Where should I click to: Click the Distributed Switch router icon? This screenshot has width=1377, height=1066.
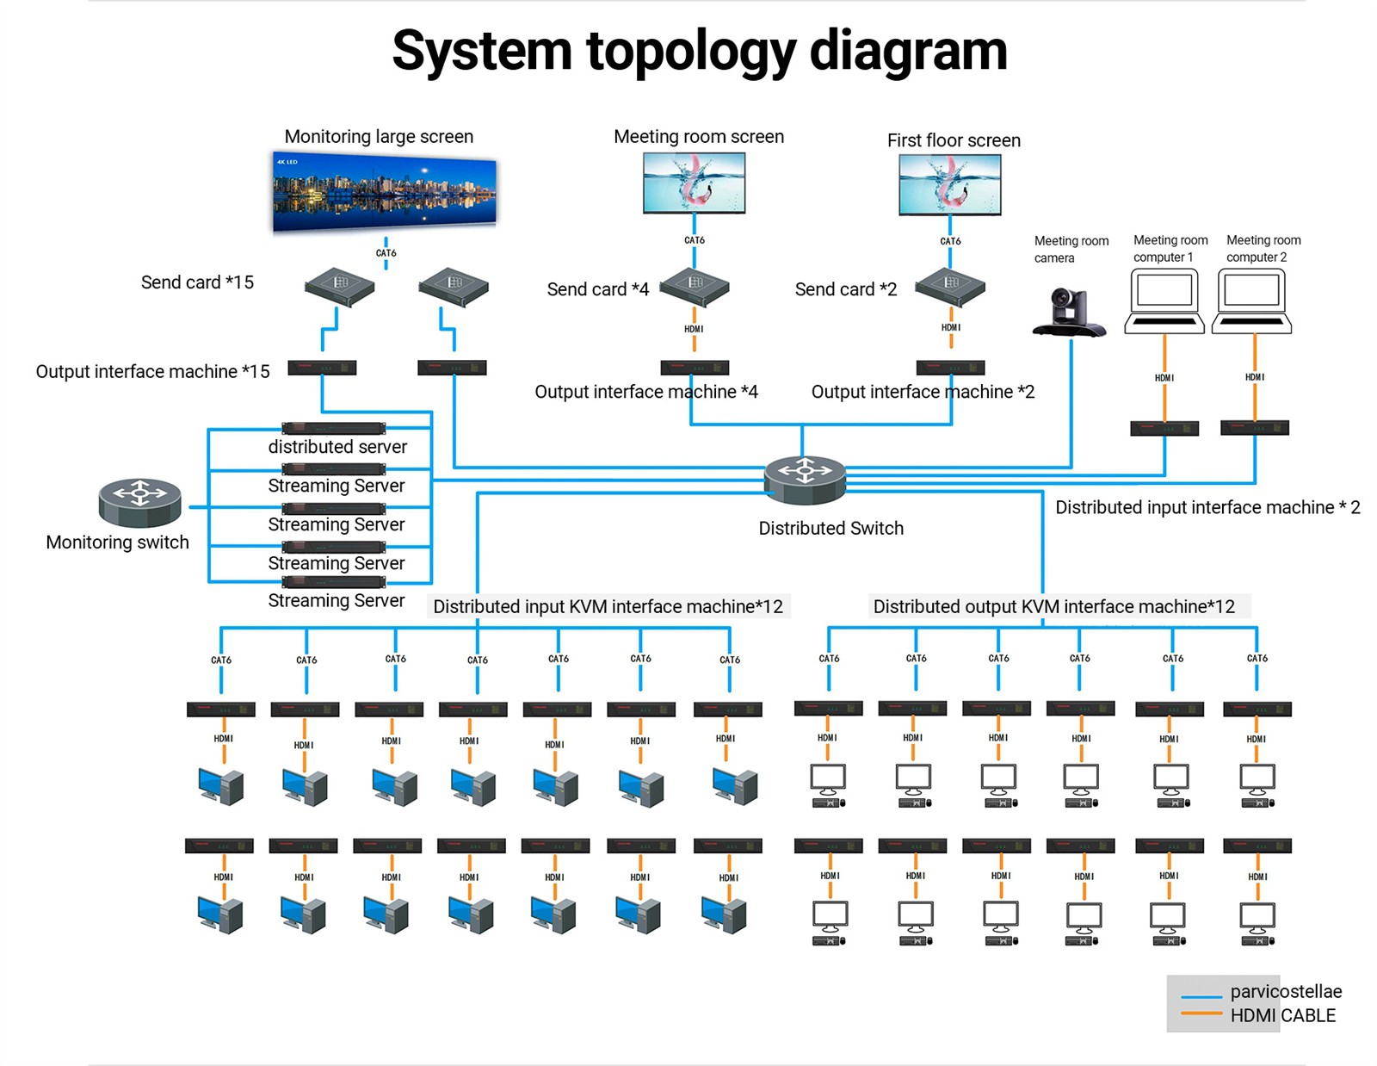[x=805, y=479]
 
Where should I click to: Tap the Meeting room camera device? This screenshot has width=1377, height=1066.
[x=1069, y=312]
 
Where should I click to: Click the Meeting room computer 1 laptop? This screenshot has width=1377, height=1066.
[x=1164, y=301]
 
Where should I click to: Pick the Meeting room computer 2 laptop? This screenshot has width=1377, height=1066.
[x=1252, y=301]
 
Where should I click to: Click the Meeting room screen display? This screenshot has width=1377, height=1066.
[x=694, y=183]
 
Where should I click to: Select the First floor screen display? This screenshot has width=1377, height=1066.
[x=949, y=184]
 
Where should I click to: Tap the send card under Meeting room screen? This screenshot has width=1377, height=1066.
[x=695, y=287]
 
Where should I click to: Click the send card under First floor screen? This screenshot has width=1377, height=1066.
[x=950, y=286]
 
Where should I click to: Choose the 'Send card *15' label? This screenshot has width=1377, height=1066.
[x=197, y=282]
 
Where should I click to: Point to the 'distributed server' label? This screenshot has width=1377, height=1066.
[x=337, y=447]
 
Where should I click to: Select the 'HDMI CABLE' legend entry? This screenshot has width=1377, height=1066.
[x=1282, y=1016]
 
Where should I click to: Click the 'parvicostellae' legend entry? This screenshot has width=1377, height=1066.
[x=1286, y=992]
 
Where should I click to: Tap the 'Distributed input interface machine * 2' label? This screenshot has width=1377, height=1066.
[x=1207, y=507]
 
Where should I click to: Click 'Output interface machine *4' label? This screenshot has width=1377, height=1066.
[x=646, y=392]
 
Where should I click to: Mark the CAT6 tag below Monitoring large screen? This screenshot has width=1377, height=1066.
[x=386, y=253]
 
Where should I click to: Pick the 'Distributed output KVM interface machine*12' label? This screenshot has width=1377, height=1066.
[x=1053, y=606]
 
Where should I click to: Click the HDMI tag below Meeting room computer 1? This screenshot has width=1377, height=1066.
[x=1164, y=378]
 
